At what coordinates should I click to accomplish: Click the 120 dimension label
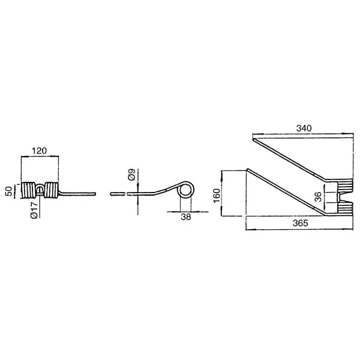tap(39, 151)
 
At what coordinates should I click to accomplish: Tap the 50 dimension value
tap(9, 191)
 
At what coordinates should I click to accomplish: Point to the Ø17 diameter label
tap(34, 211)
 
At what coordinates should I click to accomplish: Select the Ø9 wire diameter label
tap(132, 175)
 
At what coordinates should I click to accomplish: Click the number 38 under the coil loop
tap(186, 217)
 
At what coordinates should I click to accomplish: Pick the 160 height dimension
tap(217, 196)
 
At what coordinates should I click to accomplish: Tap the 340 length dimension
tap(304, 128)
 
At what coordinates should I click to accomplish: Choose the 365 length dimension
tap(301, 223)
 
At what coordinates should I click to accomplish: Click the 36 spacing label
tap(318, 197)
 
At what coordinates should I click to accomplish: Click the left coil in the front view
tap(28, 190)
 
